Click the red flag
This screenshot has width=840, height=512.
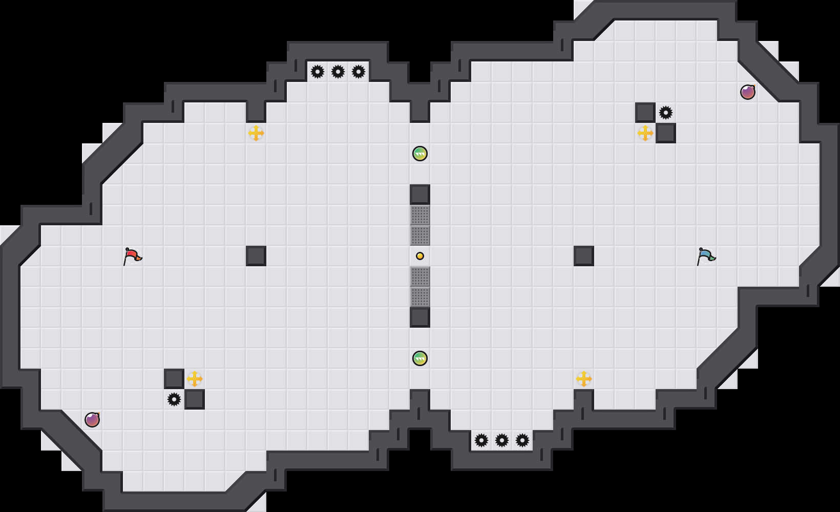tap(132, 255)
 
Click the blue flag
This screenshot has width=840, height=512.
tap(706, 255)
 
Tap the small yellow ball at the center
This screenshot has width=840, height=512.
tap(420, 256)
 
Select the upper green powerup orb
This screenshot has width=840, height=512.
tap(420, 154)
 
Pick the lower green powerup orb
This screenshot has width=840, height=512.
tap(420, 358)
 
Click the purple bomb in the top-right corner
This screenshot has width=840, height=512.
tap(748, 92)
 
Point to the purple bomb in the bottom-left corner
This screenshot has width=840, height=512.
tap(92, 420)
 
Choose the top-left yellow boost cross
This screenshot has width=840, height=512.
tap(256, 133)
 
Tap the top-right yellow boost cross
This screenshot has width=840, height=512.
tap(645, 133)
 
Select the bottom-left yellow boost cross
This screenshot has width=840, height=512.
tap(195, 379)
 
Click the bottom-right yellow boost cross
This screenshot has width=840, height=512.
tap(584, 379)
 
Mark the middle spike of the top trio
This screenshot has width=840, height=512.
tap(338, 72)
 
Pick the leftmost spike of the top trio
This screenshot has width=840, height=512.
tap(318, 72)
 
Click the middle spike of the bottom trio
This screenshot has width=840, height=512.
tap(502, 440)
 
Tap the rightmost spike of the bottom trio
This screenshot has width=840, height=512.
tap(522, 440)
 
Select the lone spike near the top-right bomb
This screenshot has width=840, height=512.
tap(666, 113)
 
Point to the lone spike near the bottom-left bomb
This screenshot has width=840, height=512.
tap(174, 399)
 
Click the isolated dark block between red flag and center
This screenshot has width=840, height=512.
tap(256, 256)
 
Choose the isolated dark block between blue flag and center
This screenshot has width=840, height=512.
tap(584, 256)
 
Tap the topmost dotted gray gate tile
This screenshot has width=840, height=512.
tap(420, 215)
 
